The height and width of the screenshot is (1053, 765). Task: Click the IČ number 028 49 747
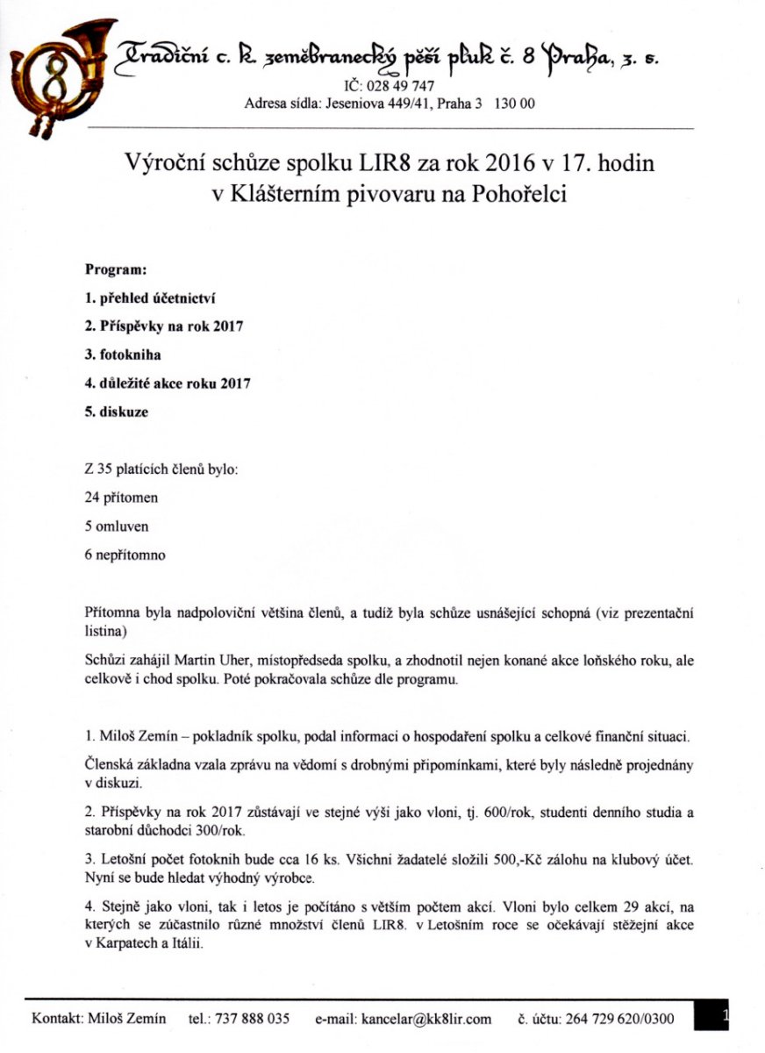[397, 85]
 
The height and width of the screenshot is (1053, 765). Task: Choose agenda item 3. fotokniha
[125, 355]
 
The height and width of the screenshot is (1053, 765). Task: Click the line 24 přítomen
[121, 498]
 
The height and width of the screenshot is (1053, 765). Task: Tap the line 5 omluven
[117, 526]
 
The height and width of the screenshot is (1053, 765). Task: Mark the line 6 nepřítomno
[125, 555]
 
